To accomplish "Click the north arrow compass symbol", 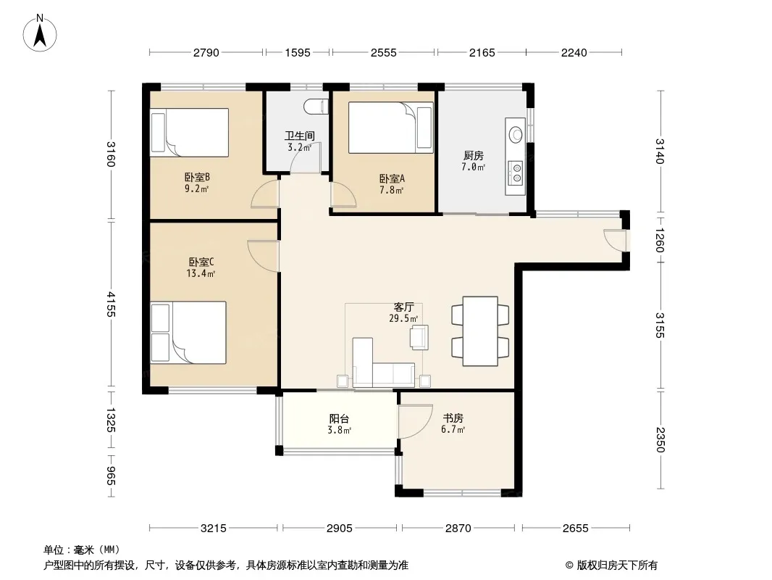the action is pyautogui.click(x=40, y=33).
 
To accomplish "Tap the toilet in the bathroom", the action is pyautogui.click(x=316, y=107).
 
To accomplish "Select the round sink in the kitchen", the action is pyautogui.click(x=516, y=134).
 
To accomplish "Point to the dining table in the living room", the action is pyautogui.click(x=480, y=331).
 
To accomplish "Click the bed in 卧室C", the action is pyautogui.click(x=188, y=333).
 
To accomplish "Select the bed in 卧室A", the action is pyautogui.click(x=391, y=128).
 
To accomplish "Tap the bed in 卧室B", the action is pyautogui.click(x=190, y=133).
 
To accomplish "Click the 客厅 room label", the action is pyautogui.click(x=403, y=307).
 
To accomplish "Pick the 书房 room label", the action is pyautogui.click(x=453, y=418).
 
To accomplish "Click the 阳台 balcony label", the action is pyautogui.click(x=339, y=419).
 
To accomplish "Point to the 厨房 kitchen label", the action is pyautogui.click(x=473, y=156).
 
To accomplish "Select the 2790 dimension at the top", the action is pyautogui.click(x=206, y=52).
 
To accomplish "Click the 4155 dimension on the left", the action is pyautogui.click(x=111, y=304).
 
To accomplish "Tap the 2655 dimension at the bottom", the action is pyautogui.click(x=576, y=529).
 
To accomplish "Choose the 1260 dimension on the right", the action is pyautogui.click(x=660, y=240).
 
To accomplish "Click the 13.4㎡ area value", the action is pyautogui.click(x=201, y=273).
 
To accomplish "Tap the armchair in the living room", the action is pyautogui.click(x=419, y=337).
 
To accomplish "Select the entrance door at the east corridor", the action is pyautogui.click(x=616, y=241).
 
